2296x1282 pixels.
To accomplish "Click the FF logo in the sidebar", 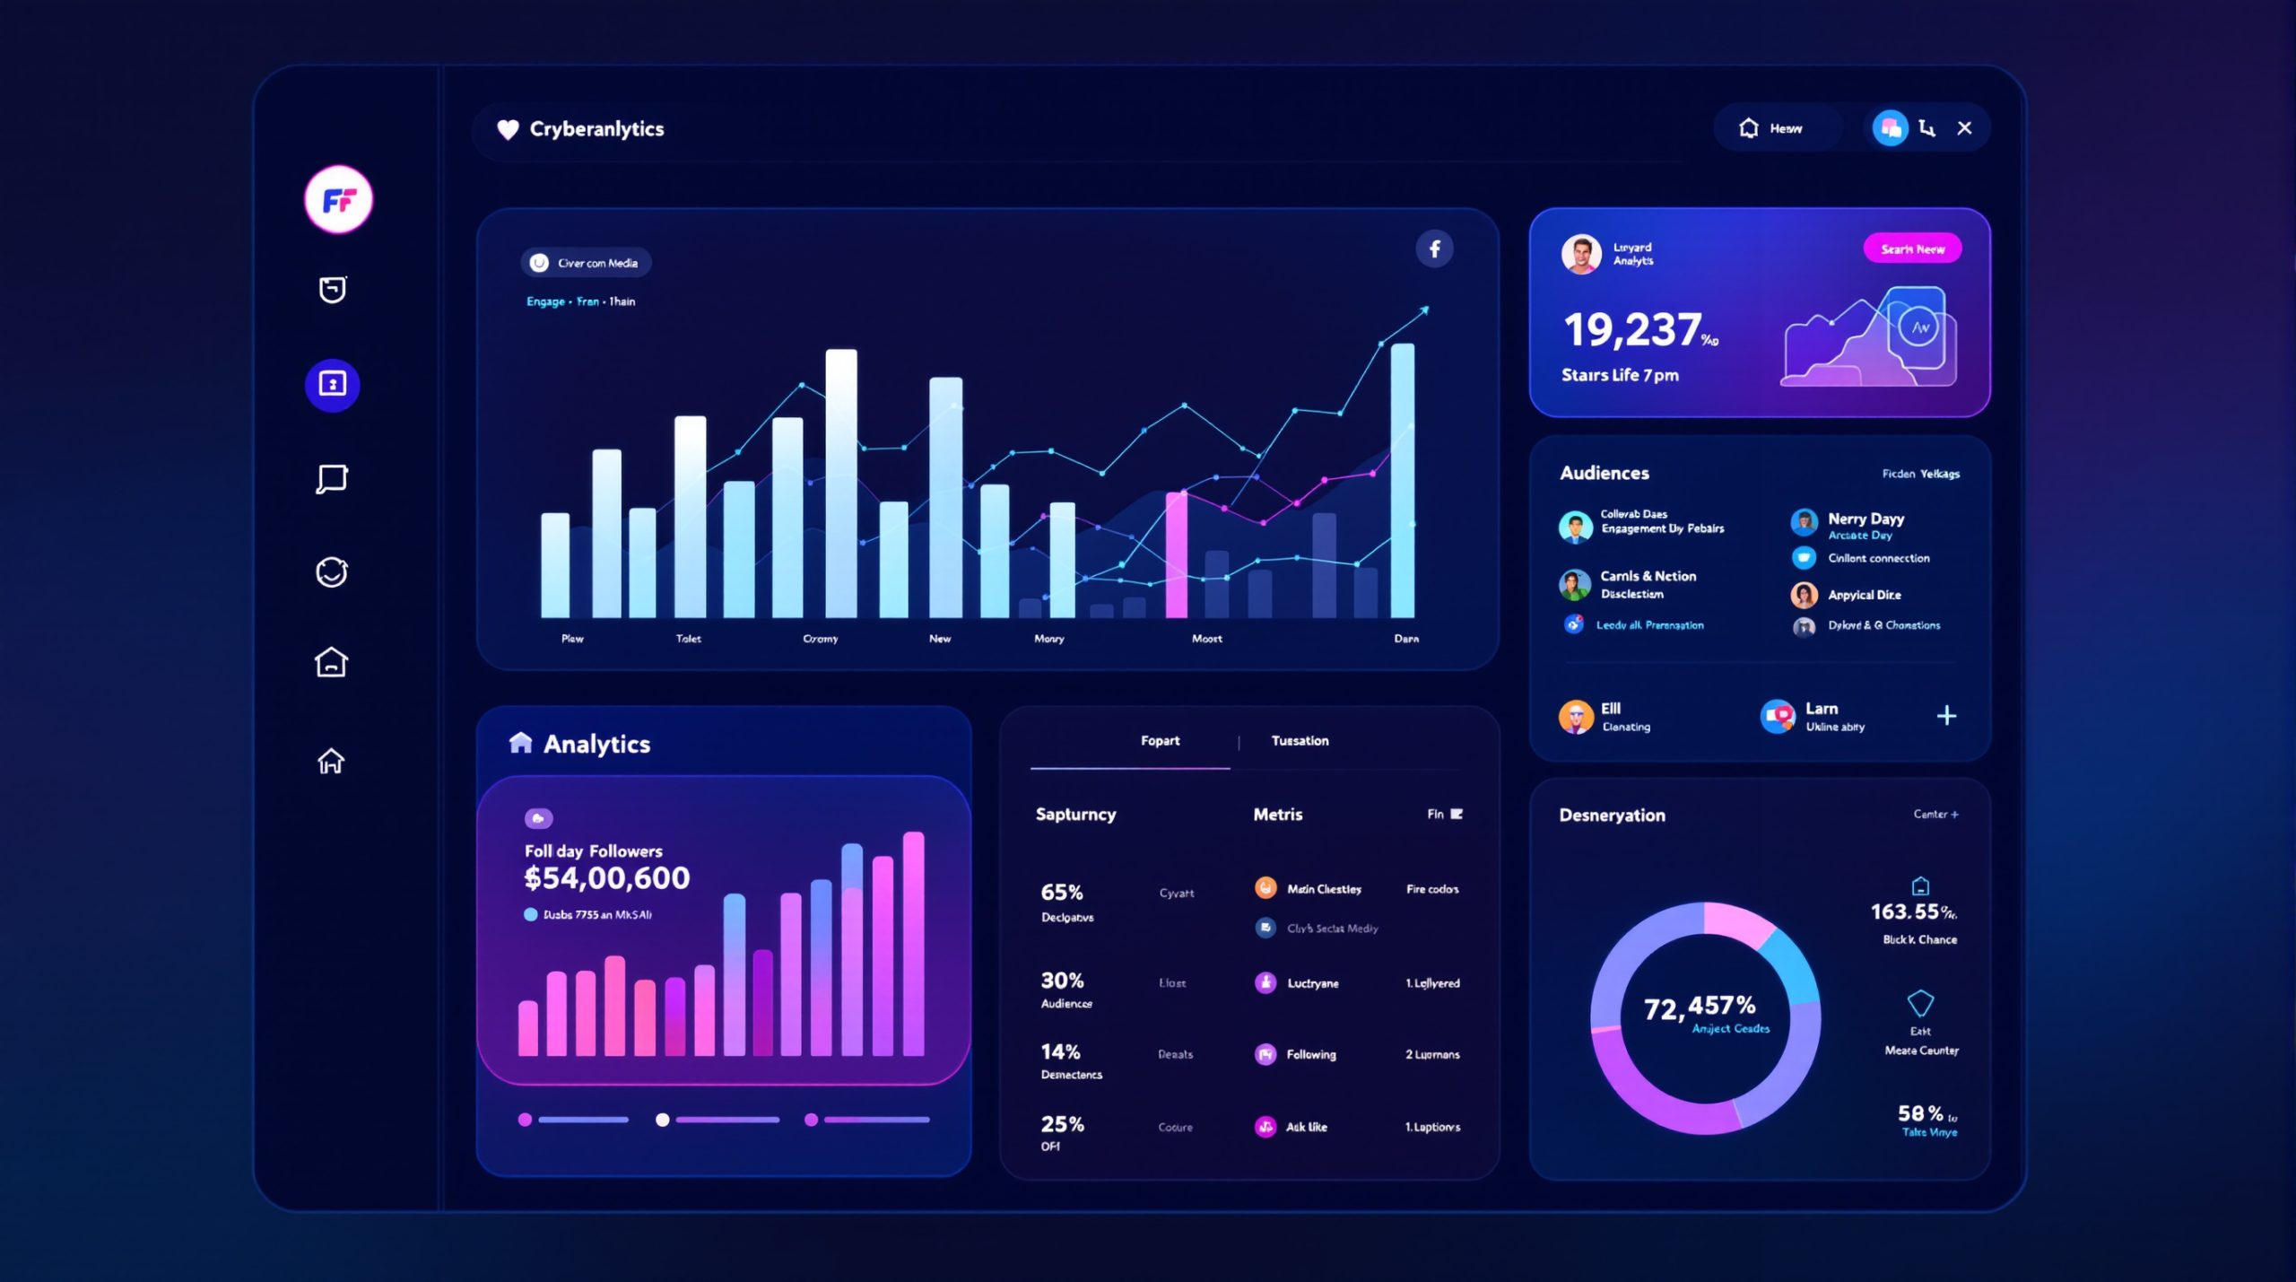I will click(338, 199).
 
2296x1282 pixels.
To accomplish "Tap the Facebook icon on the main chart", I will click(1434, 249).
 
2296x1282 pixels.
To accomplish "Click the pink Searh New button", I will click(1911, 249).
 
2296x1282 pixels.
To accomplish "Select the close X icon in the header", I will click(1964, 128).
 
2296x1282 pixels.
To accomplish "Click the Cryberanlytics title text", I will click(596, 129).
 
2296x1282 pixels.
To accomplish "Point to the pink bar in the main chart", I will click(1176, 556).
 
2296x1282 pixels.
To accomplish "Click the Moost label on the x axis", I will click(1206, 639).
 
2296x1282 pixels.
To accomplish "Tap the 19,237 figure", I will click(1632, 330).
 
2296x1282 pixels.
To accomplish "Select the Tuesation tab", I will click(1300, 741).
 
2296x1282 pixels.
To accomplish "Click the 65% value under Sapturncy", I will click(1062, 893).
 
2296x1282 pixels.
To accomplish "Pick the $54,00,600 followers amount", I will click(607, 878).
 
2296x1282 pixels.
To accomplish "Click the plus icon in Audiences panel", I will click(1945, 716).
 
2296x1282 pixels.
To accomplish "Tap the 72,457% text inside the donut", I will click(1699, 1007).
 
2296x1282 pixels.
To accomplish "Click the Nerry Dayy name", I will click(1865, 519).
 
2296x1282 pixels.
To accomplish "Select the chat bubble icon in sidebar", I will click(332, 478).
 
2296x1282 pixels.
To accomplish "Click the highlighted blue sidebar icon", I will click(332, 385).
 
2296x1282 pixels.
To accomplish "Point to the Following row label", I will click(1310, 1055).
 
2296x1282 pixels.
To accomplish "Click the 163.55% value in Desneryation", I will click(1910, 912).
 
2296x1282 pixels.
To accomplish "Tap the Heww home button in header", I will click(1772, 128).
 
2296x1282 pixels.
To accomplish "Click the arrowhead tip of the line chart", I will click(1425, 310).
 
